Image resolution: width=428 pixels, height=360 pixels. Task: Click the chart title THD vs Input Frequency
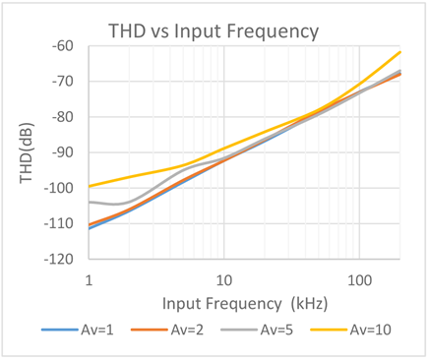pos(214,32)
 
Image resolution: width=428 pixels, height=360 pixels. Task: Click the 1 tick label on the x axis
pos(89,280)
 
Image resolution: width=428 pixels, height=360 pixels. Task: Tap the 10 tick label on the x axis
pos(224,280)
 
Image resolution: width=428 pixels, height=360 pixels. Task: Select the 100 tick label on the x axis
pos(360,280)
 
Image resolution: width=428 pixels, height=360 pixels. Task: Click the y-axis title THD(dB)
pos(27,152)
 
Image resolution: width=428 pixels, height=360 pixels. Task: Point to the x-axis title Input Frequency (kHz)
pos(245,304)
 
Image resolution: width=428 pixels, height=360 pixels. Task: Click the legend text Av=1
pos(97,330)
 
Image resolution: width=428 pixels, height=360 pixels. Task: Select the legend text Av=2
pos(187,330)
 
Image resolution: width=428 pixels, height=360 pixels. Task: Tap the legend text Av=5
pos(276,330)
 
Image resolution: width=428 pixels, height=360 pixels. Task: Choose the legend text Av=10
pos(371,330)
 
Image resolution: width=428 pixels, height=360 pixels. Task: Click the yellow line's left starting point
pos(90,186)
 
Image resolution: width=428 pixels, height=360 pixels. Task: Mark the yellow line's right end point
pos(399,52)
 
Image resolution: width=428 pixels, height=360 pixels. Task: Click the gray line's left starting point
pos(90,202)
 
